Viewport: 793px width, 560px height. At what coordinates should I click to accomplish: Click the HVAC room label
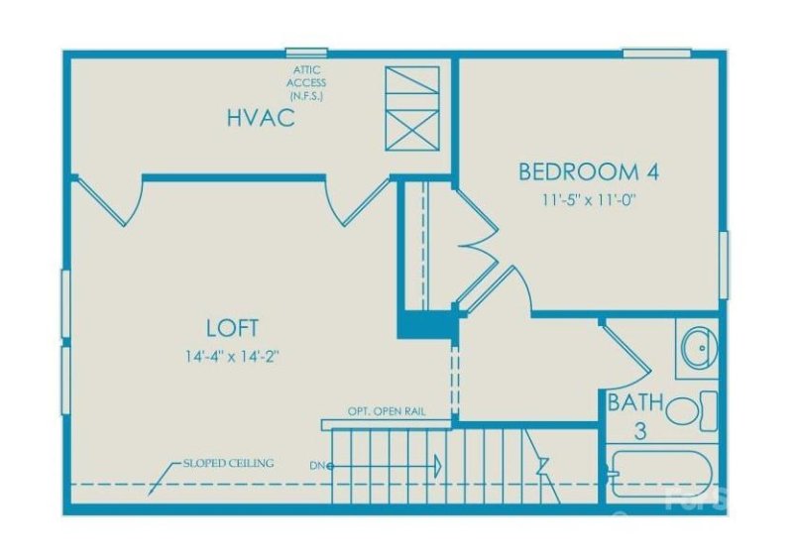[x=261, y=117]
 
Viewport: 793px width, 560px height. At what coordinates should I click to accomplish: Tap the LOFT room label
[x=232, y=328]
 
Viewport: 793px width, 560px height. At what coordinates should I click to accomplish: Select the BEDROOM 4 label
[x=589, y=171]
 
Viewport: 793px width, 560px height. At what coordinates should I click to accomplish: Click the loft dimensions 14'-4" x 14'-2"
[x=232, y=357]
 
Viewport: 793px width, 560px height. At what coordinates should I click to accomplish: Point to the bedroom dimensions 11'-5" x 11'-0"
[x=589, y=200]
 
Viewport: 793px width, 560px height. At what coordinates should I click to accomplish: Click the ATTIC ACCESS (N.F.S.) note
[x=306, y=82]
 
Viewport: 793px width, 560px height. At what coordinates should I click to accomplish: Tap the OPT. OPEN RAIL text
[x=387, y=411]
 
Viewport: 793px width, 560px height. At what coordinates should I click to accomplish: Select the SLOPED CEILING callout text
[x=229, y=463]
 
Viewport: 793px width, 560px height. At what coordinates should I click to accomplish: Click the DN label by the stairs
[x=317, y=466]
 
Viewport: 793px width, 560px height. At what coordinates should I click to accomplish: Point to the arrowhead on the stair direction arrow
[x=437, y=465]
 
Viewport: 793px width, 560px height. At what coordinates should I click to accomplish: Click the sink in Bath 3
[x=699, y=348]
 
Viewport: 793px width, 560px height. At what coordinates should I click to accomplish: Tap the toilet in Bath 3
[x=692, y=410]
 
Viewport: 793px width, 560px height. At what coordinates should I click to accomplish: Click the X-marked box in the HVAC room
[x=412, y=130]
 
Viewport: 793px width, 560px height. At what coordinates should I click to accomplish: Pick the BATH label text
[x=635, y=402]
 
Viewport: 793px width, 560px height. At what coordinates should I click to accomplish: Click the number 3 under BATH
[x=640, y=431]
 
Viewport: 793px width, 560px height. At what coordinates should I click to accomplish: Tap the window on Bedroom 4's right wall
[x=725, y=265]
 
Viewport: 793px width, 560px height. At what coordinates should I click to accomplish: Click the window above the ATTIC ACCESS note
[x=306, y=53]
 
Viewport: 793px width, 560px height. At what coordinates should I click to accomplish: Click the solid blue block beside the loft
[x=427, y=324]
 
